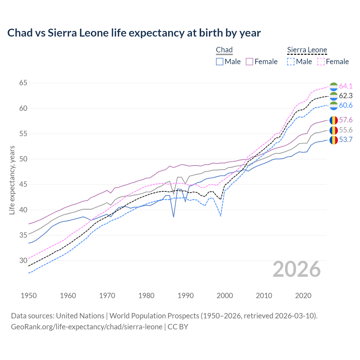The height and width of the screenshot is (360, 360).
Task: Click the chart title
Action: (x=134, y=33)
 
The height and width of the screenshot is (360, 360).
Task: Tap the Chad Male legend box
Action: (x=220, y=62)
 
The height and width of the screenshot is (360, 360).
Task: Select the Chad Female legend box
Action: (x=249, y=62)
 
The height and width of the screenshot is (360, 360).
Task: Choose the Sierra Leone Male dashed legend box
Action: (x=291, y=62)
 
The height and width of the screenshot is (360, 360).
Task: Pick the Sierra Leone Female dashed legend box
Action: (x=321, y=62)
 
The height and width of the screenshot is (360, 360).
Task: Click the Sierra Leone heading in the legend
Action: (x=307, y=50)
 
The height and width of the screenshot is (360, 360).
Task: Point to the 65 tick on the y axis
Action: (x=23, y=83)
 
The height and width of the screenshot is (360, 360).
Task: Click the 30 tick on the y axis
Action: (x=23, y=260)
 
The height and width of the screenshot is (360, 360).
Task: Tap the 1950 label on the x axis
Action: (x=29, y=296)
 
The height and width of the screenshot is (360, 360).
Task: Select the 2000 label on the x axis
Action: (x=225, y=296)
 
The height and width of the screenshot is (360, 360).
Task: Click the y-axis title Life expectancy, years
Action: (x=12, y=180)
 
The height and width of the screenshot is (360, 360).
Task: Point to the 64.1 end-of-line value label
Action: (x=346, y=86)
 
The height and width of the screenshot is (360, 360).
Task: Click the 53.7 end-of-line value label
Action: (x=346, y=140)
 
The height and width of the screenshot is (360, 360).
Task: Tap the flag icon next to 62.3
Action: (x=334, y=96)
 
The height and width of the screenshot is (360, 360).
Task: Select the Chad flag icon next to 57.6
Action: (x=334, y=120)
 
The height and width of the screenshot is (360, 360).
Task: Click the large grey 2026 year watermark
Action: (x=296, y=269)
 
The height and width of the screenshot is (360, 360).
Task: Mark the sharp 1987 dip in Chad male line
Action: (x=174, y=217)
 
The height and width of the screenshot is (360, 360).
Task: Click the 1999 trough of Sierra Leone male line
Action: (x=221, y=216)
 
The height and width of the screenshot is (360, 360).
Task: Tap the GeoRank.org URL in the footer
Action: (x=87, y=327)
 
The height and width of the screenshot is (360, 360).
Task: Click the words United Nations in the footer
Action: (x=80, y=316)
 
